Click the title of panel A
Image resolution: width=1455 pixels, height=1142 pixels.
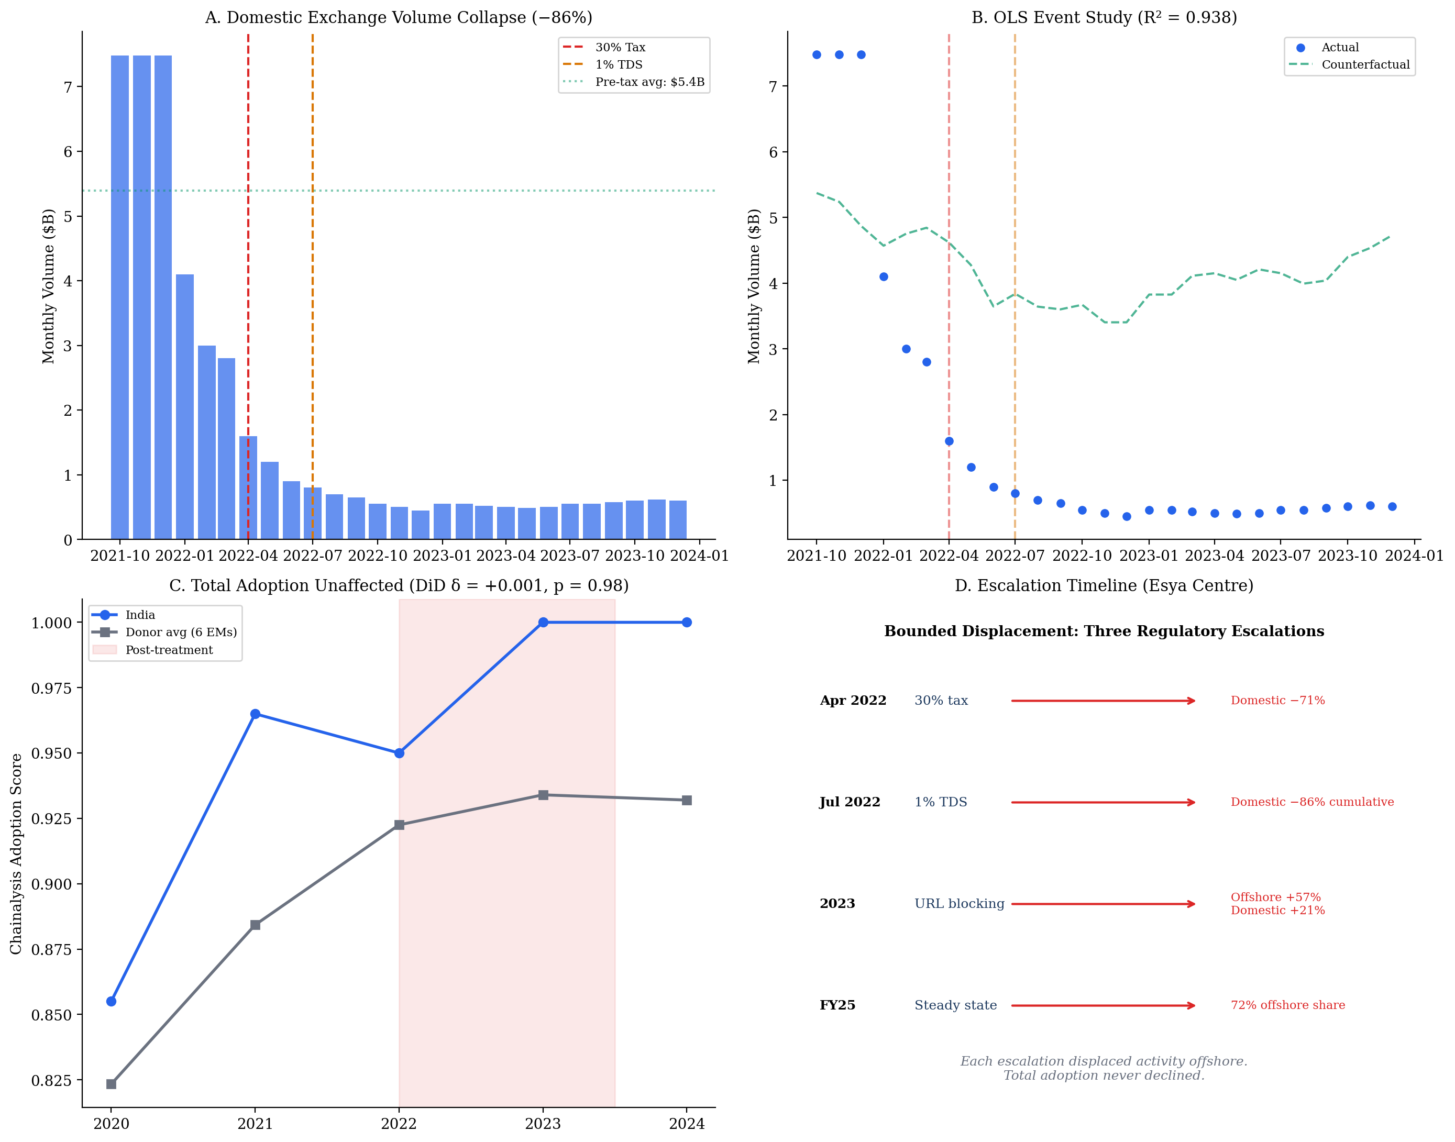[399, 17]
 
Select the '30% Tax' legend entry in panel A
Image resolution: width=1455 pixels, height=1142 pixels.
[620, 48]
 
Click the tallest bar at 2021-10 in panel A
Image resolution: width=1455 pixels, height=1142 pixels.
[120, 297]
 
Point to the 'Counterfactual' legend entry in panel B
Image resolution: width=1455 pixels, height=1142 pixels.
[1365, 65]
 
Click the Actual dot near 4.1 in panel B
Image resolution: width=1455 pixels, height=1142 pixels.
[883, 277]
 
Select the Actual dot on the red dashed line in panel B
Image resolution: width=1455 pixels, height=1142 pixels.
[949, 441]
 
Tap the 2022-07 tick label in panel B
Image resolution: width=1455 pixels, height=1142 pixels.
[1015, 556]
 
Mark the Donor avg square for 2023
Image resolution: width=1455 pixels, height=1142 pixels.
[543, 795]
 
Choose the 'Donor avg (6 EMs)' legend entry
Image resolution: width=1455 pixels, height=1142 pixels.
[181, 633]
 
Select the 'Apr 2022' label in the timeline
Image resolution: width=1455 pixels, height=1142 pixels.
[853, 701]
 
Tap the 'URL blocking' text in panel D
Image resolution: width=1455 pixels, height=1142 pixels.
[959, 904]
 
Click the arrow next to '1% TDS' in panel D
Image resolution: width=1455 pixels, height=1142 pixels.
[1103, 802]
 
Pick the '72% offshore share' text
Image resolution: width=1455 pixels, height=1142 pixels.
[1287, 1006]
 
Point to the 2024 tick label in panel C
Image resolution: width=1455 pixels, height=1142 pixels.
[687, 1124]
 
